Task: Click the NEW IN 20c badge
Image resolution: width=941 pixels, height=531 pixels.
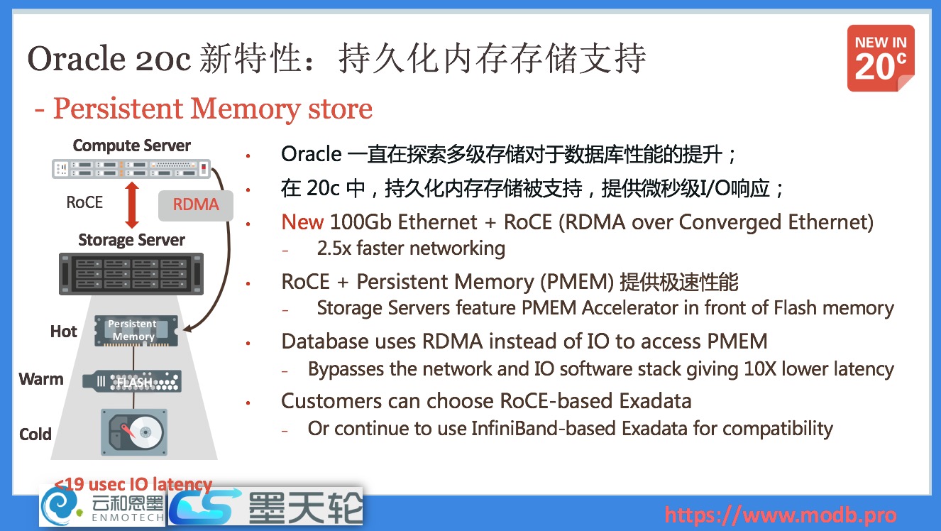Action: [x=881, y=59]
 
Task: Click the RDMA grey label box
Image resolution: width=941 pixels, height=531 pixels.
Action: [x=196, y=204]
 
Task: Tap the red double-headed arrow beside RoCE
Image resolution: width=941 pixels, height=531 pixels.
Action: [x=131, y=203]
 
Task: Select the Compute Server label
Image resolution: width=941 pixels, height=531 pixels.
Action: [x=132, y=146]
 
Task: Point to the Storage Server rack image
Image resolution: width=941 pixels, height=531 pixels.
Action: [x=131, y=274]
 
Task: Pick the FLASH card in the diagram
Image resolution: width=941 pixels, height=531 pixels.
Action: [x=132, y=382]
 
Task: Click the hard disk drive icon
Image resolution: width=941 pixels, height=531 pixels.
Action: [x=134, y=432]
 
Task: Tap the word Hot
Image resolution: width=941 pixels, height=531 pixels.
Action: [x=64, y=332]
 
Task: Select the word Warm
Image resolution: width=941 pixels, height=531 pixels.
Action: [x=41, y=379]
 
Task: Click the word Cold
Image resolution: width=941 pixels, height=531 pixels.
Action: [x=35, y=434]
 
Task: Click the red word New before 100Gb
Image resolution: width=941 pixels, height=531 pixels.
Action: [x=303, y=222]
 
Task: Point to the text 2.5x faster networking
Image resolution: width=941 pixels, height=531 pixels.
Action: [x=411, y=248]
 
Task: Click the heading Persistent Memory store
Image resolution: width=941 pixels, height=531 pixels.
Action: [x=212, y=109]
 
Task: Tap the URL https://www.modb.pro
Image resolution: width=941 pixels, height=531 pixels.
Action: [x=780, y=515]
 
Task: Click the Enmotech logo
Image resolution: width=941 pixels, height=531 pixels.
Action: [x=102, y=507]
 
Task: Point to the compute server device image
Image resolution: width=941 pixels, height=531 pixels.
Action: [x=132, y=168]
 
